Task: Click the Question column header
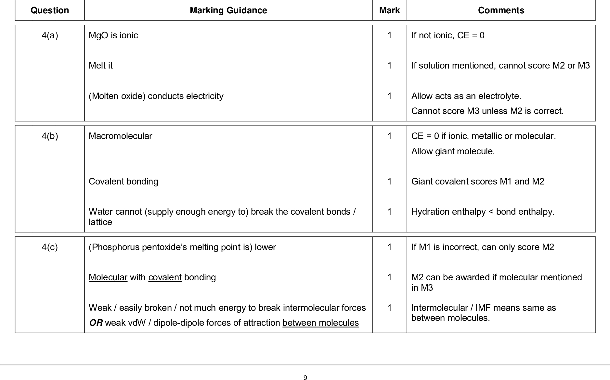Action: pos(50,10)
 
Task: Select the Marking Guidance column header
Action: pos(228,10)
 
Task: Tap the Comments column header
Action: pos(501,10)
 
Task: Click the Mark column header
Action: pos(389,10)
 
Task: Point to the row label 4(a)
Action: pos(50,35)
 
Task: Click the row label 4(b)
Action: pos(50,136)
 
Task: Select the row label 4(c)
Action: pos(50,247)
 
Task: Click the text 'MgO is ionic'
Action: pos(113,35)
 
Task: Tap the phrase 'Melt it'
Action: pos(101,66)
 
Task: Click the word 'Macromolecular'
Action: pos(120,136)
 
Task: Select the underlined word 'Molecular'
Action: pos(108,277)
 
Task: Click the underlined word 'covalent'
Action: pos(165,277)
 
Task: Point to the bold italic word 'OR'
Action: pos(96,323)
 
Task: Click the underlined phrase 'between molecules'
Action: pos(320,323)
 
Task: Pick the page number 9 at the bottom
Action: pos(305,377)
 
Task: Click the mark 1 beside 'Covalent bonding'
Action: pos(389,181)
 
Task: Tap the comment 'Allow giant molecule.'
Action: pos(453,151)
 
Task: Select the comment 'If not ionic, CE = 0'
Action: pos(448,35)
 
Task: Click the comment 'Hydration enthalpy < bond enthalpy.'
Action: pos(483,212)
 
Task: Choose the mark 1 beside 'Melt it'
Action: pos(389,66)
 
